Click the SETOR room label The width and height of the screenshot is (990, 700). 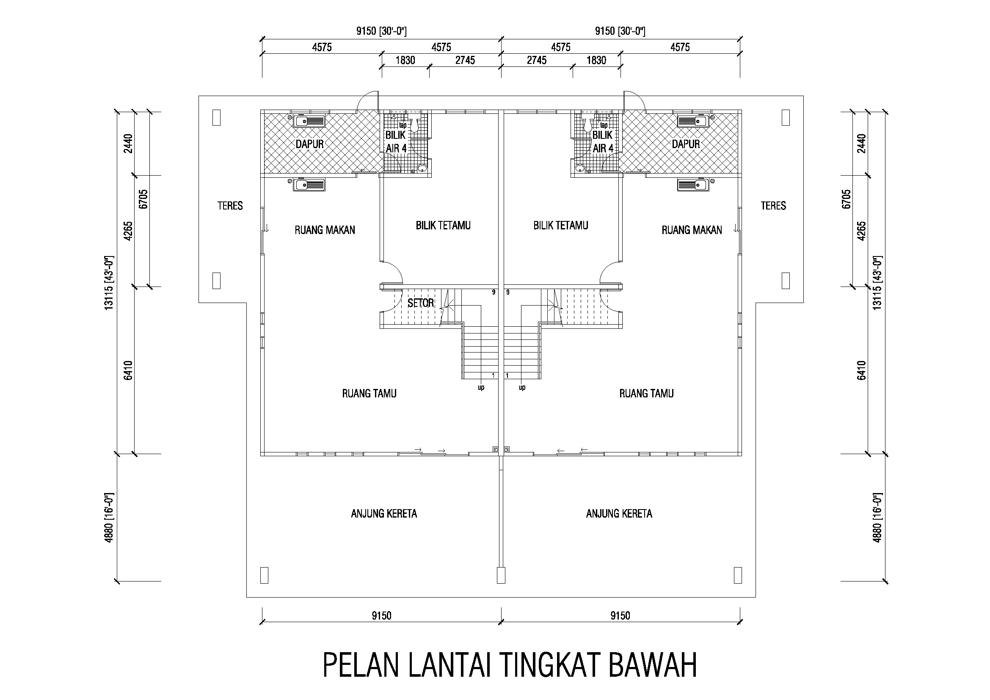420,303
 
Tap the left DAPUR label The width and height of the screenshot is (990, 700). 309,144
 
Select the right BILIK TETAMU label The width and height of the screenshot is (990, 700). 560,226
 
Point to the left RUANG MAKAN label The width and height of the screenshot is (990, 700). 325,230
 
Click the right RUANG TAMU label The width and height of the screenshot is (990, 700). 646,393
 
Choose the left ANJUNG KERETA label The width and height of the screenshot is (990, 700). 384,513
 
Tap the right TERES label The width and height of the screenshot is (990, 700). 773,206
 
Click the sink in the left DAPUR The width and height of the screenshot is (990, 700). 309,121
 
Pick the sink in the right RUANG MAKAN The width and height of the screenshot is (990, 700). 693,185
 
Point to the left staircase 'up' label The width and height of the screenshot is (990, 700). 481,388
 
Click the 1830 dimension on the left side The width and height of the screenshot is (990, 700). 405,61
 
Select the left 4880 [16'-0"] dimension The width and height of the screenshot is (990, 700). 109,517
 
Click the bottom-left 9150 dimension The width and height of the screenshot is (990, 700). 381,615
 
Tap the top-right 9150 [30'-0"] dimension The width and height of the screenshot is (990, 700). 620,31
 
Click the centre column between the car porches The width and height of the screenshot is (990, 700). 501,575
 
